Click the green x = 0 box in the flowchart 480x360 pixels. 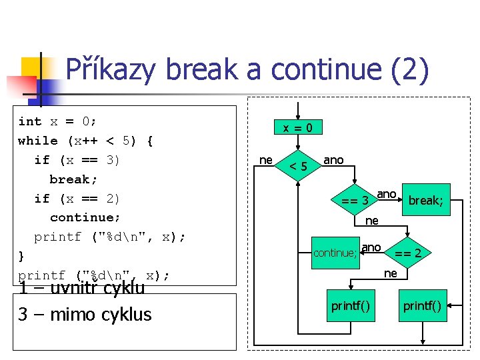click(298, 127)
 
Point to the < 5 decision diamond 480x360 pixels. click(298, 165)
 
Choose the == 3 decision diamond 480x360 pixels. click(356, 200)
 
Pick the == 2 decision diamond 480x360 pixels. click(407, 253)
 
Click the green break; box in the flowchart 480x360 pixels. click(425, 199)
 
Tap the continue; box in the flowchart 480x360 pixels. click(335, 253)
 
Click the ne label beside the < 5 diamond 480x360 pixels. click(265, 160)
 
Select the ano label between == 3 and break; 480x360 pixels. click(387, 194)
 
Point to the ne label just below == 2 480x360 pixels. click(391, 273)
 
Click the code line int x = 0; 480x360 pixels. click(57, 121)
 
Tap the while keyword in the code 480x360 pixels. click(38, 141)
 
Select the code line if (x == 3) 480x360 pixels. click(77, 160)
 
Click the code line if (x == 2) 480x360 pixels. click(77, 199)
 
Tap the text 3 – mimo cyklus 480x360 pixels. click(85, 315)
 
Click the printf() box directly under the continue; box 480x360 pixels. click(351, 306)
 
